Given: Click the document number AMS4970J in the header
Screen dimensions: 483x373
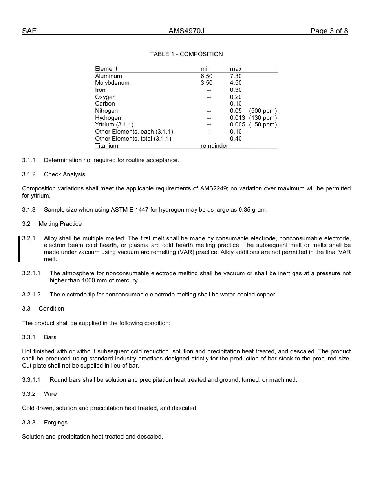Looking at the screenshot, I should pos(186,31).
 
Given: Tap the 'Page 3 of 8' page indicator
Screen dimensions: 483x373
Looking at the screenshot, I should pos(329,31).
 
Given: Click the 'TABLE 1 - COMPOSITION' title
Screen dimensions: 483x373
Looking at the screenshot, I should pos(186,54).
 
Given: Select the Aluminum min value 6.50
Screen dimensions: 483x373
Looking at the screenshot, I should pos(206,76).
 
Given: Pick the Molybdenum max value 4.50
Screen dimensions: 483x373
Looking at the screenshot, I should pos(236,83).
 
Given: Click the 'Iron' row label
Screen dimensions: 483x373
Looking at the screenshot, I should pos(100,90).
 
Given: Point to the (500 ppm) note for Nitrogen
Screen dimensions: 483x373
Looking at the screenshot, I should pos(263,111).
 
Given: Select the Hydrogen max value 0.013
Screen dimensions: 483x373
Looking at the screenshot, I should pos(237,118).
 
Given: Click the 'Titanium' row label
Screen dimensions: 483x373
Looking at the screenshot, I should pos(106,146).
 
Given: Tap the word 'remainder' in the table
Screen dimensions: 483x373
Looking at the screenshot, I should pos(214,146).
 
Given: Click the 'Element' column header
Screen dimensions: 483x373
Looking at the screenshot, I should pos(106,69).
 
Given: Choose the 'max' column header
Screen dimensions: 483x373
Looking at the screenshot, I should pos(236,69).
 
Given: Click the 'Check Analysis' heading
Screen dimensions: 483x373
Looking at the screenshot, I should pos(64,174).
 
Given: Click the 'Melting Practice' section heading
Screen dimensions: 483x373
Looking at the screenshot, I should pos(60,224).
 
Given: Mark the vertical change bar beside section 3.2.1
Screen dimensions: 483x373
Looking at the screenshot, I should pos(19,249).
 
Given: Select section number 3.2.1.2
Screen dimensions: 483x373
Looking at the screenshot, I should pos(31,295).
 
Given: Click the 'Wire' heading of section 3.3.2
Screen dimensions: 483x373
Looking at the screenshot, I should pos(50,394).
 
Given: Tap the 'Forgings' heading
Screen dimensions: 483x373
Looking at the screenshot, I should pos(55,423).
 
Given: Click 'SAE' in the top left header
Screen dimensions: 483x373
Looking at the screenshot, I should pos(29,31).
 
